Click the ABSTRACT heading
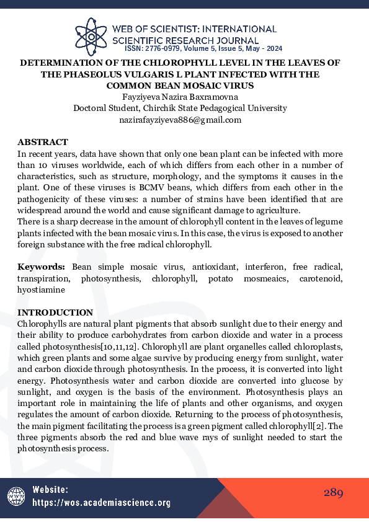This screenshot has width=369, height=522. [x=43, y=143]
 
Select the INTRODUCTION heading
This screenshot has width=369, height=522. [x=55, y=312]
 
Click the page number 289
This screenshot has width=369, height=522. [x=333, y=493]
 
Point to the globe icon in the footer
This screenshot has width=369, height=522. [x=16, y=496]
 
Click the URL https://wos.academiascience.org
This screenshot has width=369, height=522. [x=100, y=503]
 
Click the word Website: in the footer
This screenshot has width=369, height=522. [x=51, y=490]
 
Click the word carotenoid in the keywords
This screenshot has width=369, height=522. [x=321, y=278]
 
